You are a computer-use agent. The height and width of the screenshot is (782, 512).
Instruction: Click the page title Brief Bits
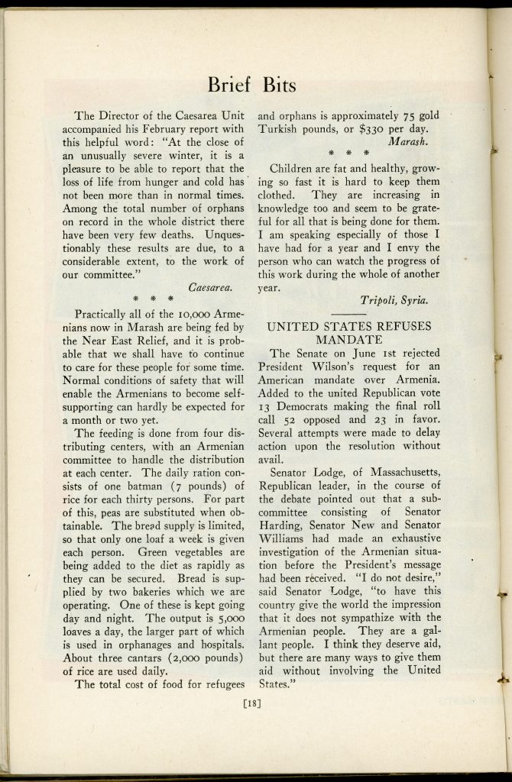click(255, 83)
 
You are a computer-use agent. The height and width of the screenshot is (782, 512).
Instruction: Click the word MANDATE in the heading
click(348, 339)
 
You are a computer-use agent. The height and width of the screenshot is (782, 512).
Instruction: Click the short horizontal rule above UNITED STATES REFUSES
click(348, 314)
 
